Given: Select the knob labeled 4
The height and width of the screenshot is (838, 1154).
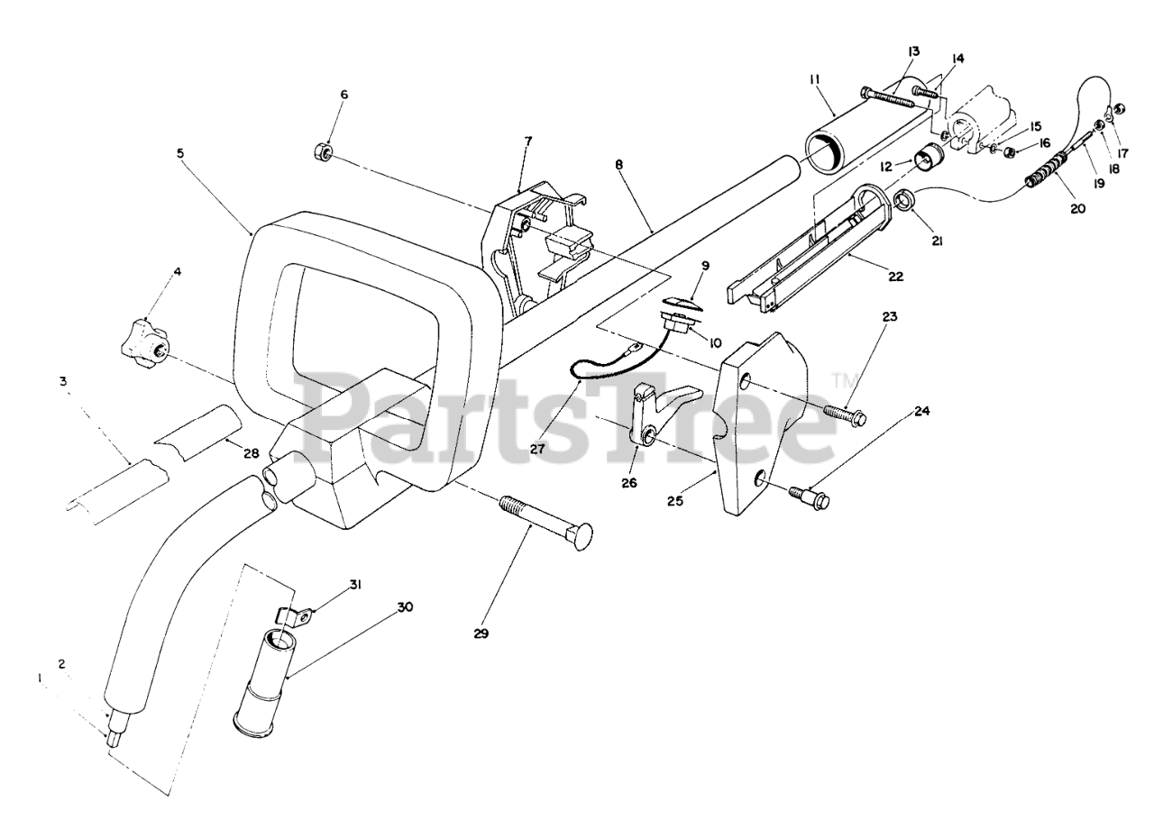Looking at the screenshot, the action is [x=144, y=342].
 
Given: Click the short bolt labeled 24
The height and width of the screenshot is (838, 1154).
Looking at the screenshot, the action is [x=809, y=494].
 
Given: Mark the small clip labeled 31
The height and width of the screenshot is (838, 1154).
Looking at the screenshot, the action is [x=296, y=616].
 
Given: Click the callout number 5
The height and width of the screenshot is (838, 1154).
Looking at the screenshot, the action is [x=180, y=153].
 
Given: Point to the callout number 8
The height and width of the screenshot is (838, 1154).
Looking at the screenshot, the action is [x=619, y=165].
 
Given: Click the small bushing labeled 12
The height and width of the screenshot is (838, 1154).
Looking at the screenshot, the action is [x=928, y=159].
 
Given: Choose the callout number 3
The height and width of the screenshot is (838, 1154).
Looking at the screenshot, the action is [x=63, y=381].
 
